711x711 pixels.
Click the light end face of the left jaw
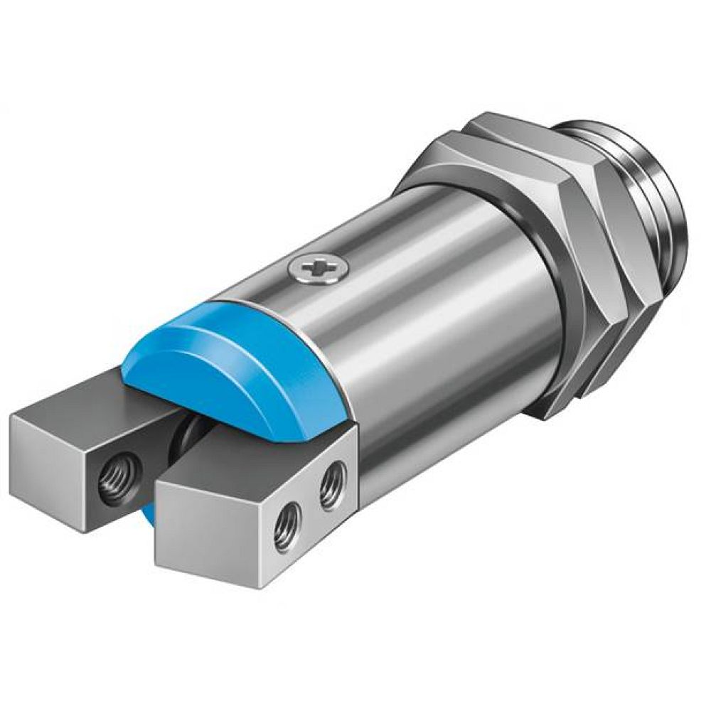(x=53, y=455)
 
